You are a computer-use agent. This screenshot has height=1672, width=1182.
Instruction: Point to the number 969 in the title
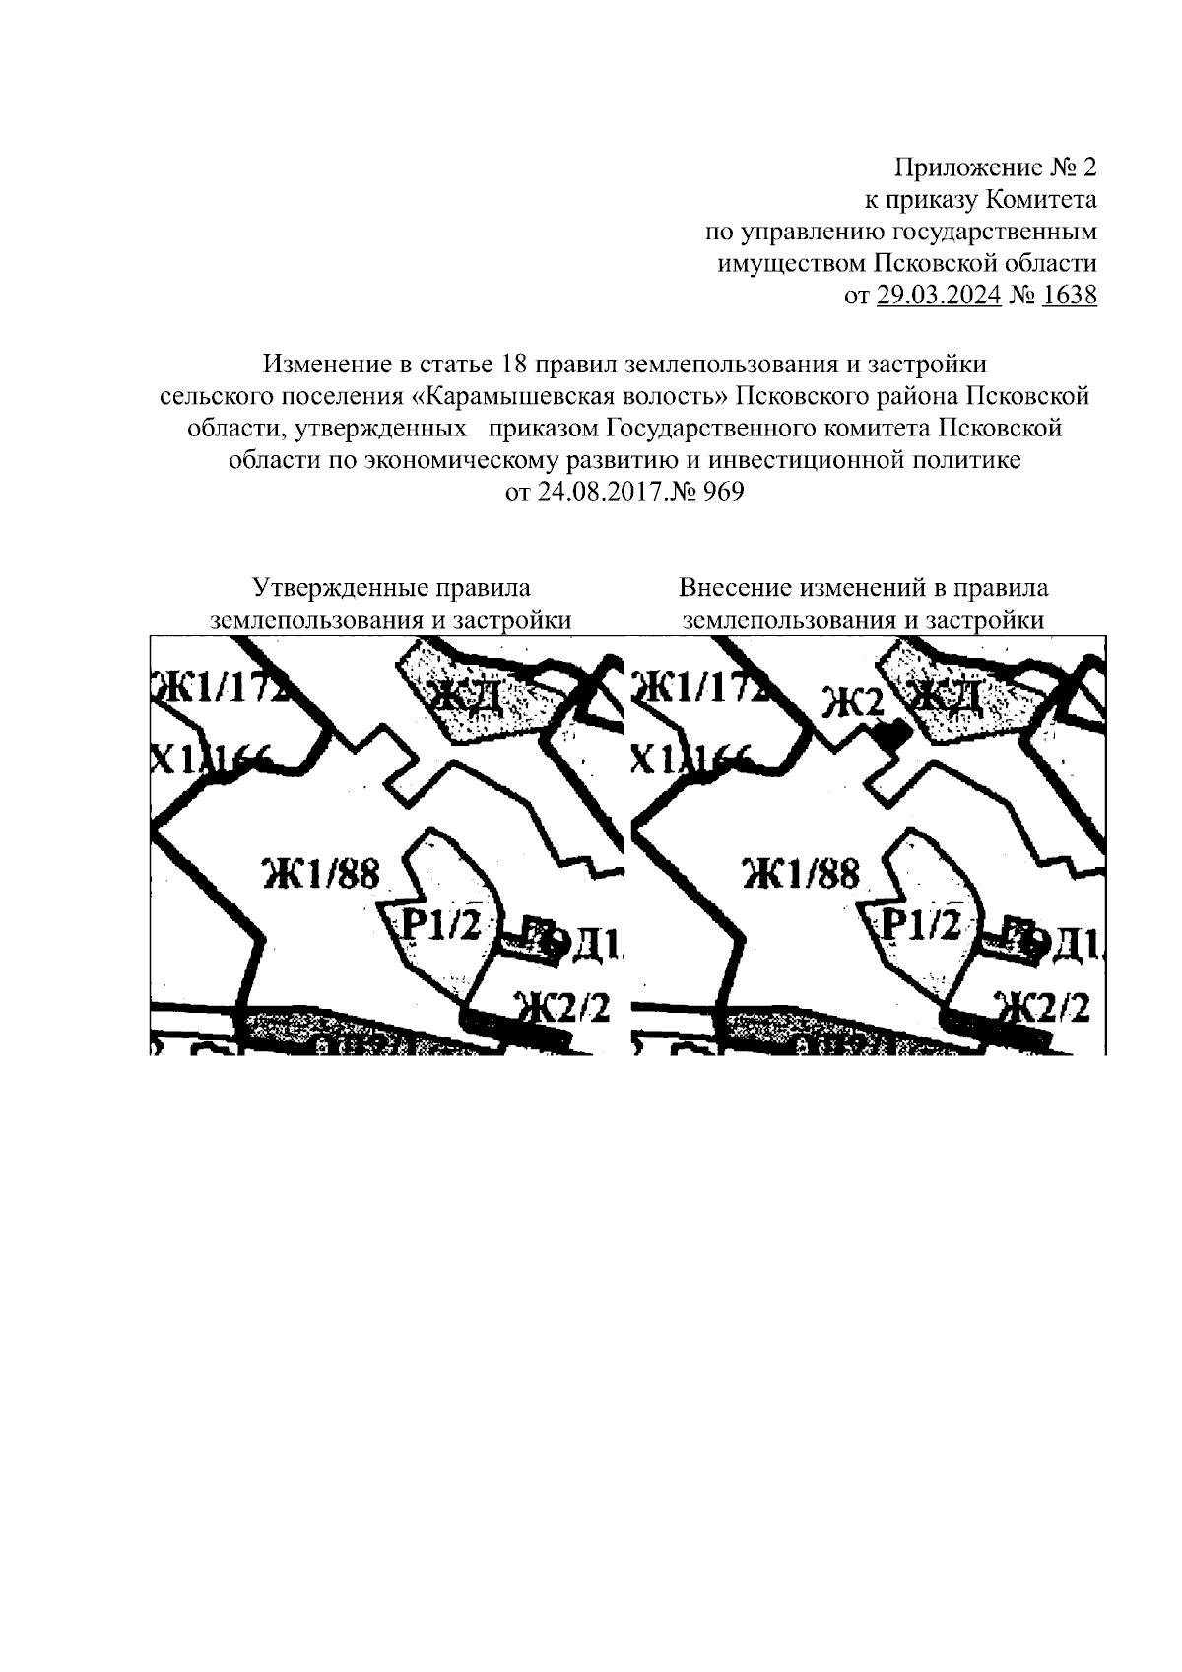[722, 491]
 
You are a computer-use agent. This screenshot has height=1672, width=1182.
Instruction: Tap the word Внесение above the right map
[737, 588]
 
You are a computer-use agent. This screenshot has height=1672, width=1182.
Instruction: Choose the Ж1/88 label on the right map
[801, 873]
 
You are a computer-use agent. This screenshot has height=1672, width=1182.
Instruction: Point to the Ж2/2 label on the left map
[561, 1008]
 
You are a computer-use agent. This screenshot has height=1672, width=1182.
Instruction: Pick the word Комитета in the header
[1042, 200]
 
